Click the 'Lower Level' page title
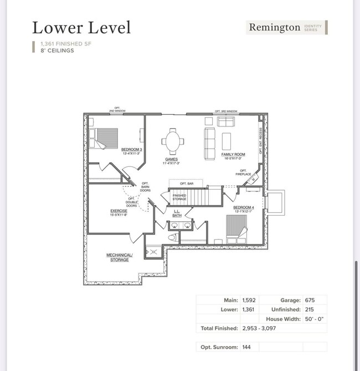(81, 27)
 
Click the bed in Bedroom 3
(105, 139)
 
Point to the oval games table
(174, 141)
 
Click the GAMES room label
(171, 160)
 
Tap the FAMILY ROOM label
(233, 156)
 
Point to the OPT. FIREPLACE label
(244, 172)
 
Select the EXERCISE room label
(119, 212)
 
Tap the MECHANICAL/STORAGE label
(120, 257)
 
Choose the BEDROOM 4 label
(244, 209)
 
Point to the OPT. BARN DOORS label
(145, 187)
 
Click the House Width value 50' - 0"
(315, 319)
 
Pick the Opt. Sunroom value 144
(248, 347)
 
